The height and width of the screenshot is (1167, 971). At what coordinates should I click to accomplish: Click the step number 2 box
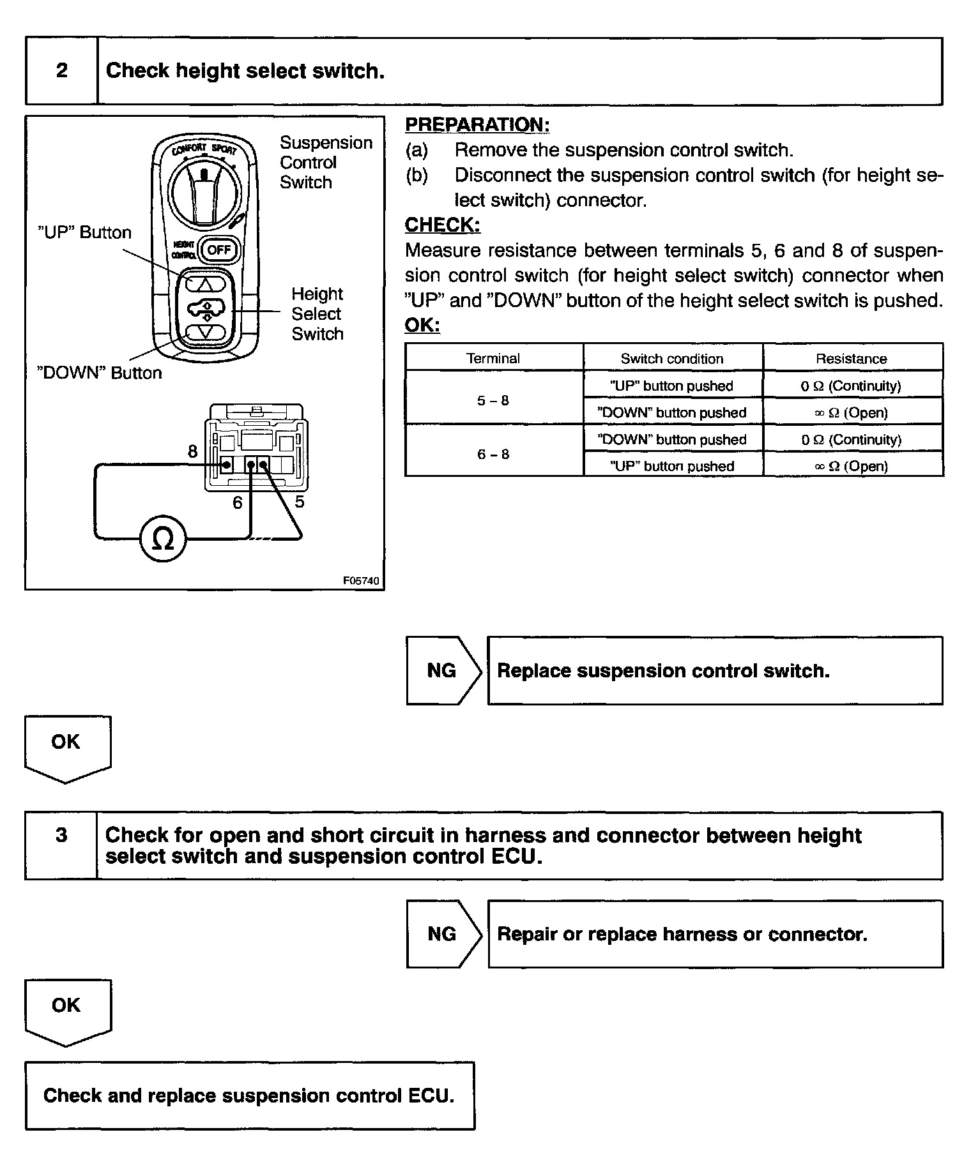tap(61, 71)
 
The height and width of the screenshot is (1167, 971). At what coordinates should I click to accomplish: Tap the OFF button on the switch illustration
tap(218, 250)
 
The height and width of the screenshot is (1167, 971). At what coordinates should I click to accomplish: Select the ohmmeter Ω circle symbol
tap(164, 540)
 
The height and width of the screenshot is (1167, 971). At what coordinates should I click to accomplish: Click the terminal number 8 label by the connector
tap(192, 452)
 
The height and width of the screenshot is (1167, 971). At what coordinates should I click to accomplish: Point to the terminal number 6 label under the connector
tap(238, 503)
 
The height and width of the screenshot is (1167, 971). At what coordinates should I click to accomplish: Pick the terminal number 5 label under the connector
tap(300, 502)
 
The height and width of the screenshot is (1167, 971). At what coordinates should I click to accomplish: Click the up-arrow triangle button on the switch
tap(206, 283)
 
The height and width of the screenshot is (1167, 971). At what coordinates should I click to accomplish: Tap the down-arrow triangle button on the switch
tap(206, 333)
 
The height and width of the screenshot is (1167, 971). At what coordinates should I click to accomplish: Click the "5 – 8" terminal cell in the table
tap(493, 401)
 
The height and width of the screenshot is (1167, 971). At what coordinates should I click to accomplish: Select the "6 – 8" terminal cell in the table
tap(493, 455)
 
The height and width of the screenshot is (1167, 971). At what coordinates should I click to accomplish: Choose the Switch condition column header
tap(672, 359)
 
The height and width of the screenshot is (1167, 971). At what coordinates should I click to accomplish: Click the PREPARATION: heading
tap(477, 125)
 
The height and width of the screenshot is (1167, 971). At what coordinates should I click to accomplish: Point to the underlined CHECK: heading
tap(443, 225)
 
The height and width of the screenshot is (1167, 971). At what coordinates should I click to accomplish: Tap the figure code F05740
tap(361, 581)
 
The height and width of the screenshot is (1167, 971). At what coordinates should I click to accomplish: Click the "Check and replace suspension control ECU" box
tap(249, 1096)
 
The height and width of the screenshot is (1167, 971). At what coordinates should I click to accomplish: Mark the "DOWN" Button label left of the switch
tap(100, 373)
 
